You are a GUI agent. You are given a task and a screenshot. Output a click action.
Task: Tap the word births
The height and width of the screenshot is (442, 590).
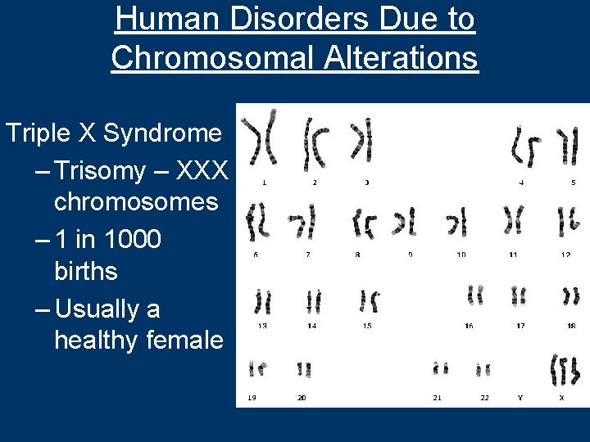point(85,271)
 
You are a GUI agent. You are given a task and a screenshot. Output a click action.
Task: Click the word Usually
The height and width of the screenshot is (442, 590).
point(108,309)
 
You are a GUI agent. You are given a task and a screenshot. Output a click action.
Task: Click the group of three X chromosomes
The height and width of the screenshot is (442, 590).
point(565,371)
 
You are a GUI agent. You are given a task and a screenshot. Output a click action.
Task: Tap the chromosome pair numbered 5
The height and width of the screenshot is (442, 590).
point(567,146)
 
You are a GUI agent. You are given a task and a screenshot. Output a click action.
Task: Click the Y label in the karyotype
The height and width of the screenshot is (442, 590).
point(519,398)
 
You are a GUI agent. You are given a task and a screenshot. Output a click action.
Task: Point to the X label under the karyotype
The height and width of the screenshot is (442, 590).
point(561,398)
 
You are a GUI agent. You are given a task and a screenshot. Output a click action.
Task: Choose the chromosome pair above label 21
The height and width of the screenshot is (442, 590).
point(441,369)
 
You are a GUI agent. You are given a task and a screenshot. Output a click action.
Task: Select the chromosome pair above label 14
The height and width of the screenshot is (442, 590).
point(313,302)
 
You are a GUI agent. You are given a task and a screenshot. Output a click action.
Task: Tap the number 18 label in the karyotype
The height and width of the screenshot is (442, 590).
point(570,325)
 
